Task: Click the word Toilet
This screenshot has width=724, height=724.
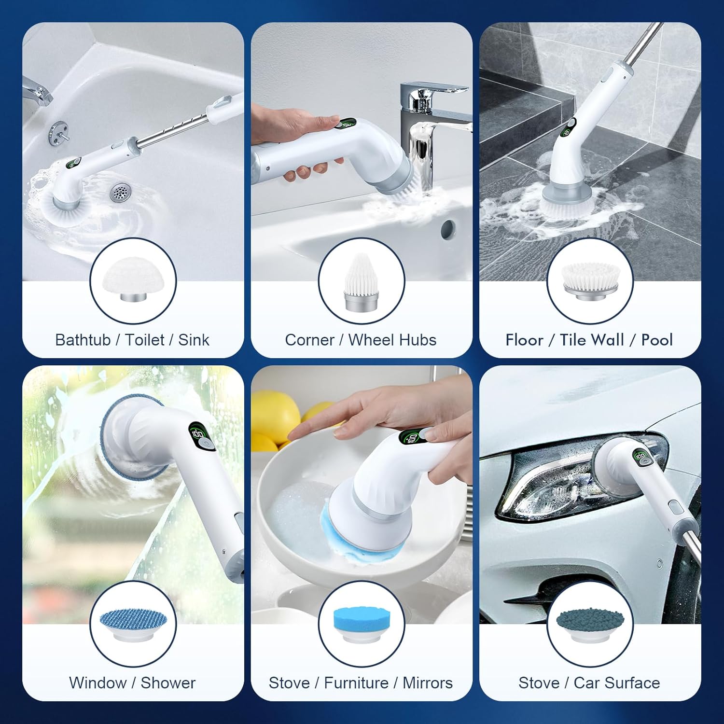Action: tap(145, 340)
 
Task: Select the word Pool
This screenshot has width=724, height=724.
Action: tap(656, 340)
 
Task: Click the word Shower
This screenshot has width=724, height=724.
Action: tap(168, 683)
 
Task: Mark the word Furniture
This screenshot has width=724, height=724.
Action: tap(356, 683)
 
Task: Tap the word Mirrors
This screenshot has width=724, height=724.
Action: tap(428, 683)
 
